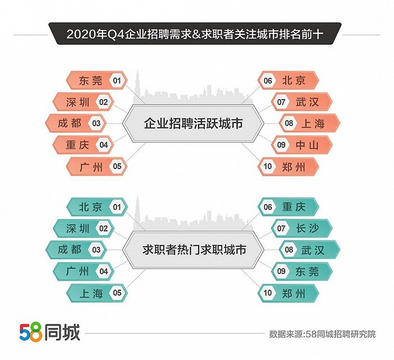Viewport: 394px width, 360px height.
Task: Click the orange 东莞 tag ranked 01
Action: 97,81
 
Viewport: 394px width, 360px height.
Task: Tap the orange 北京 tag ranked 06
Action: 288,81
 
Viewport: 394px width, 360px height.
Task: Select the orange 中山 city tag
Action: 302,145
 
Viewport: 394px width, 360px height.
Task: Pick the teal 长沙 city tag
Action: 302,228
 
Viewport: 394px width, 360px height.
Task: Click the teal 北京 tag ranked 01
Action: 97,207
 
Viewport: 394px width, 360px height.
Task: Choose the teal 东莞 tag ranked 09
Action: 302,271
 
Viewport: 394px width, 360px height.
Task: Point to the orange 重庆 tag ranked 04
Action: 83,145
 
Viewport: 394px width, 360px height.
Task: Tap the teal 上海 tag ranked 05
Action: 97,293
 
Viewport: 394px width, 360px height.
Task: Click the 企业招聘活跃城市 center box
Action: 193,123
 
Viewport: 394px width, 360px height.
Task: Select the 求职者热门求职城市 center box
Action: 193,250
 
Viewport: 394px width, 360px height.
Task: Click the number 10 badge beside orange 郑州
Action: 267,166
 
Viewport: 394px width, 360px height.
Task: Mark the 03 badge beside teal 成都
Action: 96,250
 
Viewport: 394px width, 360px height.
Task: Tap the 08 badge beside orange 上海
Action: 289,123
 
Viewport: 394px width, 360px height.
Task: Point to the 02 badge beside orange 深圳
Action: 104,102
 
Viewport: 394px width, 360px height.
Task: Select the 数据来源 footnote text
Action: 323,334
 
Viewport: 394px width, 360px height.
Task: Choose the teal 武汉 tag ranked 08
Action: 310,250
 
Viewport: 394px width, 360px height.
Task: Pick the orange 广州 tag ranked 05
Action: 97,166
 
